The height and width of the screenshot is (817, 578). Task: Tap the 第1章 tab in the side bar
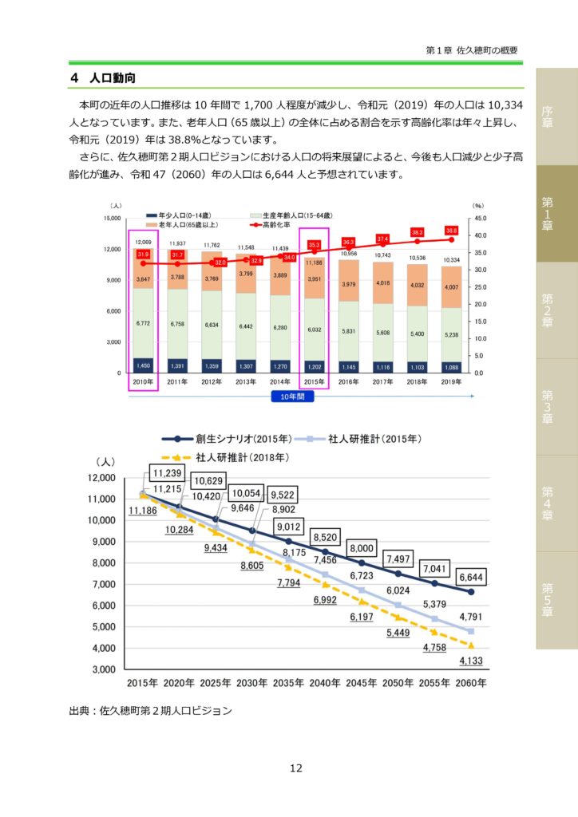[547, 213]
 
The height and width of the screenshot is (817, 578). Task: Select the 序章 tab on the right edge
[547, 116]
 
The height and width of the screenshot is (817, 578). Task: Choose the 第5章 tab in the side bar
[547, 599]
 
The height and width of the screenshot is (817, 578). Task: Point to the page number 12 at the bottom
[295, 768]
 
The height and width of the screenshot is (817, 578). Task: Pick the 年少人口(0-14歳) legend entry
[182, 215]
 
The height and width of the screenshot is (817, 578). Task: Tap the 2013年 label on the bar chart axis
[246, 382]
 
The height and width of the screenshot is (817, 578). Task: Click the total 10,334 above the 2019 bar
[451, 259]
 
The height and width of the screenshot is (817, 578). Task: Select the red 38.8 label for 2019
[451, 230]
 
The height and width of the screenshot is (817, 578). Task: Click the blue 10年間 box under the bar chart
[296, 396]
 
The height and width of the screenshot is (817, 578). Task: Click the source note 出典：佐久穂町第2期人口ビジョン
[151, 710]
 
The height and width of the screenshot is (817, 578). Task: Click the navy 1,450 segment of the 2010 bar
[143, 365]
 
